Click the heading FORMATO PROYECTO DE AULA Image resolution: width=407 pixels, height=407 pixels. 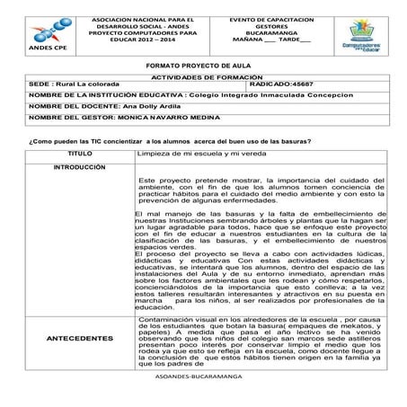click(202, 66)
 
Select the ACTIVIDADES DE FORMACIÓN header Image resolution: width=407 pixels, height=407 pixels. click(201, 77)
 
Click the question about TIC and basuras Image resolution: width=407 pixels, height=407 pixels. click(170, 142)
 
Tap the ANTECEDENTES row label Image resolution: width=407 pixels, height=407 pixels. click(79, 338)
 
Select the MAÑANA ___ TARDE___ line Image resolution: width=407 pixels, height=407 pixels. click(266, 40)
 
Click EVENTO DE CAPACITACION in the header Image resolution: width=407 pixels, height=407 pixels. click(266, 19)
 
